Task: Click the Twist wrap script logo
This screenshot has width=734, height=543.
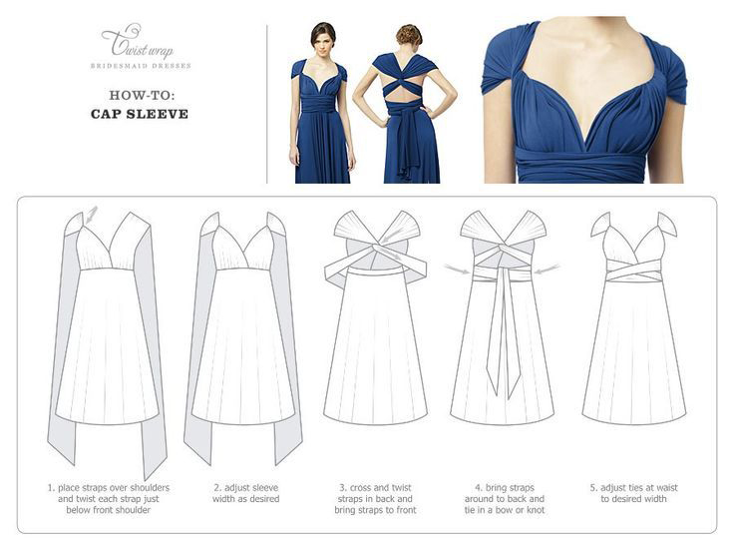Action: tap(138, 41)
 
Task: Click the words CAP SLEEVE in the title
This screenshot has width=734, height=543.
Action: tap(140, 114)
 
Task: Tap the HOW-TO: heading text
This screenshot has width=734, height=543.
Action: tap(142, 95)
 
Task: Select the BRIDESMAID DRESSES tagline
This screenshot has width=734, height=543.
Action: tap(141, 66)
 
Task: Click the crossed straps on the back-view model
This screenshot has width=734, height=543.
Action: tap(403, 81)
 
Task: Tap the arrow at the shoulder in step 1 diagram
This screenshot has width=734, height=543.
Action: tap(92, 214)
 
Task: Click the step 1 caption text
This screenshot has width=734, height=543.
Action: tap(109, 498)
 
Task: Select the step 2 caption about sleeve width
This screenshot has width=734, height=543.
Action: tap(245, 493)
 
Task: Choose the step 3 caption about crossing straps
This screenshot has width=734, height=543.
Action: tap(375, 498)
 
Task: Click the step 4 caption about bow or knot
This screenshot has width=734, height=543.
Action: tap(505, 498)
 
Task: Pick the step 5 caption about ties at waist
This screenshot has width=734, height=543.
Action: tap(634, 493)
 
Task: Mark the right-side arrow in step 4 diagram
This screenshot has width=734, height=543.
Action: tap(548, 269)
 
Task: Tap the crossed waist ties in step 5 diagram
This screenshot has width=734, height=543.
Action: tap(634, 271)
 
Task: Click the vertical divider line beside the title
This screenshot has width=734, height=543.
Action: tap(267, 104)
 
